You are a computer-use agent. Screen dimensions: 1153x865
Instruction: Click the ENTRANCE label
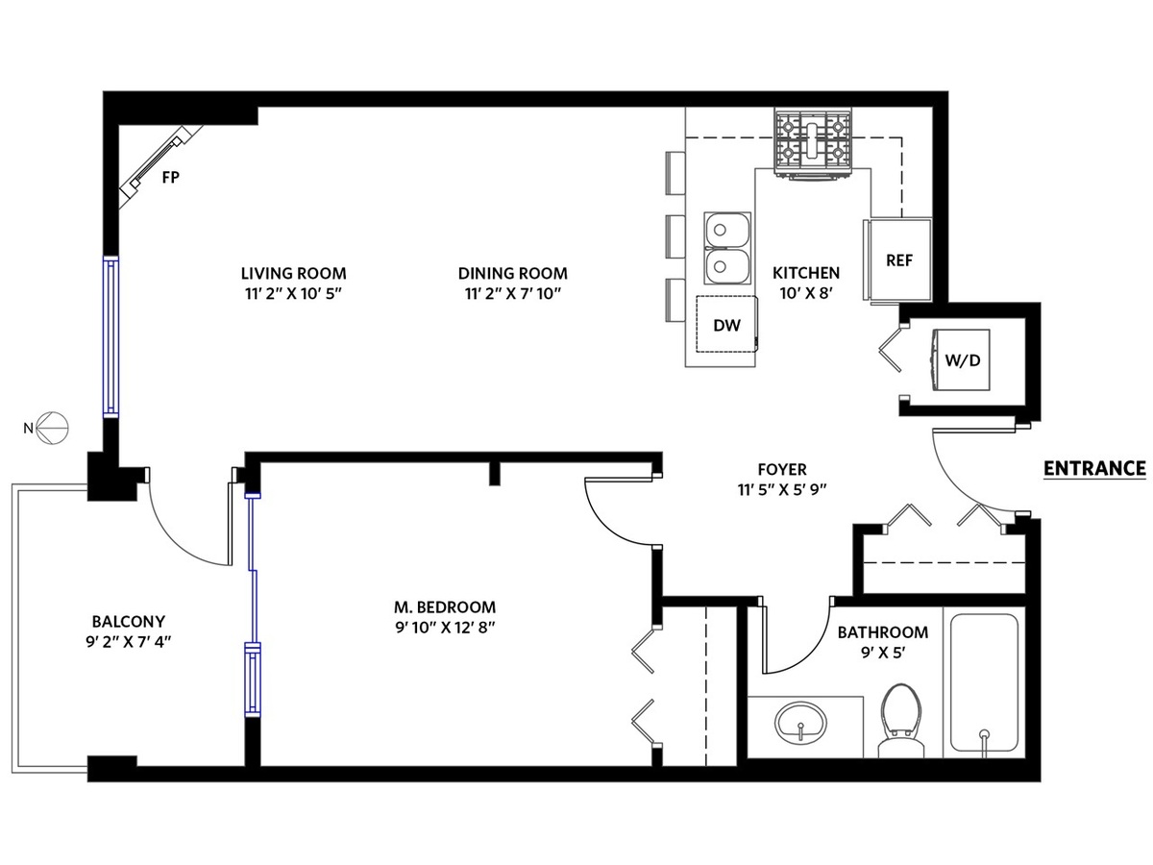tap(1094, 469)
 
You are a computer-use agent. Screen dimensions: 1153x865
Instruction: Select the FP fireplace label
tap(171, 178)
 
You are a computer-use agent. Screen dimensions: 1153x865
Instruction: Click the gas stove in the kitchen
tap(813, 142)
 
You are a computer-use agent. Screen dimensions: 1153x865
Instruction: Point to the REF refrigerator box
tap(897, 259)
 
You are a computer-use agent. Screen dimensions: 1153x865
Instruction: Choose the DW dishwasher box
tap(727, 324)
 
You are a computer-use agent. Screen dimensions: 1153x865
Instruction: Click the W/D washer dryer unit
tap(961, 360)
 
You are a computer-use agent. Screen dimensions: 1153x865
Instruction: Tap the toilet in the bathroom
tap(901, 720)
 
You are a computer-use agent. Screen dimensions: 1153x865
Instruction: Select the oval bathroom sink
tap(800, 723)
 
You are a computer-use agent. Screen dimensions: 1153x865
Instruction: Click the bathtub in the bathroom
tap(984, 682)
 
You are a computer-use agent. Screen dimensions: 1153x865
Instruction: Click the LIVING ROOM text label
tap(294, 274)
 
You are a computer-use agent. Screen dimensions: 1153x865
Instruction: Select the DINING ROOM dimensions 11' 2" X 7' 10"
tap(513, 293)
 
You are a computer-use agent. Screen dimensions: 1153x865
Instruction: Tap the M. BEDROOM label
tap(445, 607)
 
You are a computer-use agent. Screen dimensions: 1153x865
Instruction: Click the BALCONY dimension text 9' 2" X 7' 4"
tap(129, 642)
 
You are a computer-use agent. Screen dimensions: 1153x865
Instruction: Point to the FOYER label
tap(782, 469)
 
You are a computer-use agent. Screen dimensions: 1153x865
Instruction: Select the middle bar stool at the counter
tap(675, 236)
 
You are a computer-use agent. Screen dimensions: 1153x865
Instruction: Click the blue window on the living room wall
tap(110, 336)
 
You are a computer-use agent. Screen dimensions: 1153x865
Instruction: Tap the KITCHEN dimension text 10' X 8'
tap(806, 293)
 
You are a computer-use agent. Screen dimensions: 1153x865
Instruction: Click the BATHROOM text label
tap(882, 632)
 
